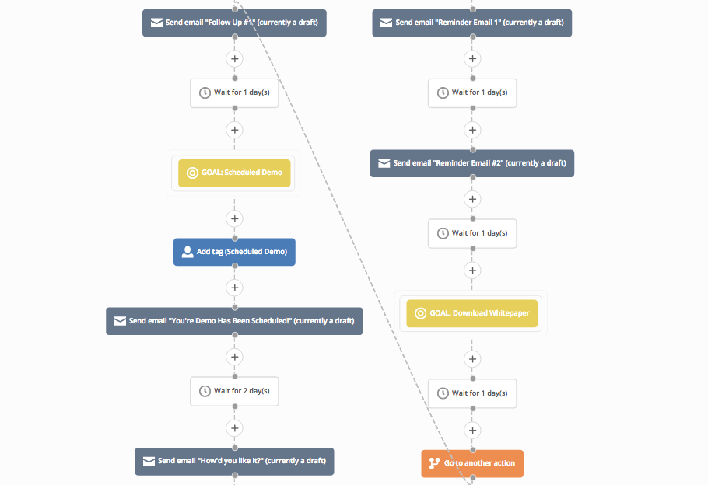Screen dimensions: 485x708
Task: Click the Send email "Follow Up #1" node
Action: [x=234, y=23]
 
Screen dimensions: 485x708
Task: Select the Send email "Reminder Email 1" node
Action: [x=471, y=23]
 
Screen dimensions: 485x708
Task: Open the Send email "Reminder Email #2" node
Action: [x=471, y=163]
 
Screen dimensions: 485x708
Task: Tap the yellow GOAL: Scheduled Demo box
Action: [x=234, y=173]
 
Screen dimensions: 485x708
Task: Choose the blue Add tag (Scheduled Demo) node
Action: [x=234, y=252]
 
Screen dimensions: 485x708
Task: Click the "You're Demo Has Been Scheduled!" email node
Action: [x=234, y=321]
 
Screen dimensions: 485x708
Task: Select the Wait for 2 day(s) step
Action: [x=234, y=391]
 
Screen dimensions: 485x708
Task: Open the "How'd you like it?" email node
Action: [x=234, y=461]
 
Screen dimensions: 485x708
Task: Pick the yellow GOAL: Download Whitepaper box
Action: [x=471, y=313]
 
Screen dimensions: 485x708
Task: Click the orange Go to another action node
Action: [x=472, y=463]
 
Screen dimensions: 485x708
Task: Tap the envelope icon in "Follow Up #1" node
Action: [x=156, y=23]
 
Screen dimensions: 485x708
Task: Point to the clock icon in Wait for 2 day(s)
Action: [x=205, y=391]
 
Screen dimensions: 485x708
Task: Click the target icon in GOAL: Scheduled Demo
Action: [x=192, y=173]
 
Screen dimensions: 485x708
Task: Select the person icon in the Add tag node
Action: [x=187, y=252]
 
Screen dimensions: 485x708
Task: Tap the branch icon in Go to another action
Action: [x=434, y=463]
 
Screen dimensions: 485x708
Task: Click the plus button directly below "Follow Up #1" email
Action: [x=234, y=58]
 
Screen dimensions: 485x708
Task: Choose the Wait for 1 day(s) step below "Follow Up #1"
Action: [x=234, y=92]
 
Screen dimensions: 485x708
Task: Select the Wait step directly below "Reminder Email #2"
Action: [x=471, y=233]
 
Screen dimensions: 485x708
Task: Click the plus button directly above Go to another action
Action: [x=471, y=429]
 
